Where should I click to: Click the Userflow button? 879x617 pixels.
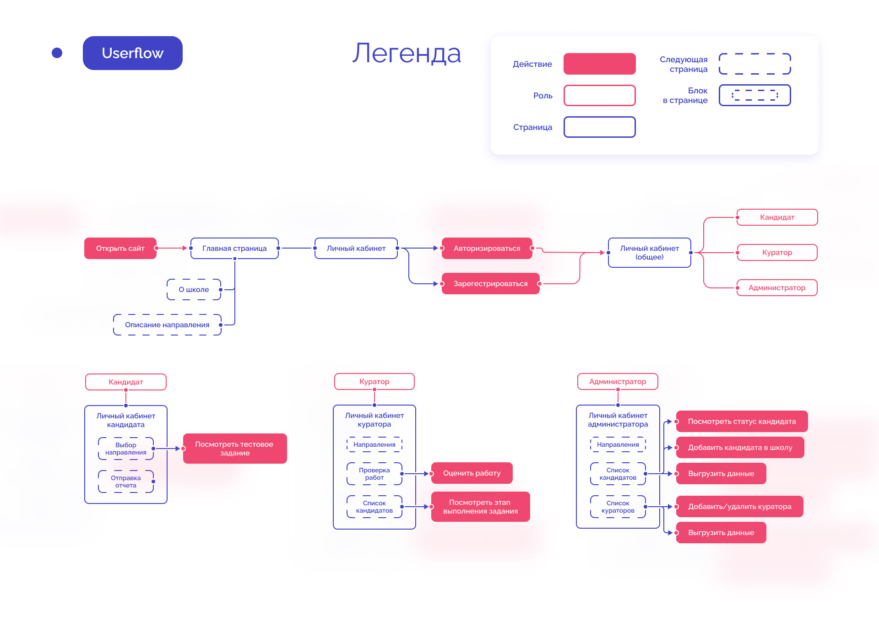click(133, 53)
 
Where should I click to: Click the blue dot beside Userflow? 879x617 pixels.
click(57, 53)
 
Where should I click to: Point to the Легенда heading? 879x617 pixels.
click(407, 53)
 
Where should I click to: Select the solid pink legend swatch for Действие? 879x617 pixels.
click(599, 64)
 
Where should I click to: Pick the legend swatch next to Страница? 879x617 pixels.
click(599, 127)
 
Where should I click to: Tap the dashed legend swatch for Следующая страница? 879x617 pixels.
click(754, 64)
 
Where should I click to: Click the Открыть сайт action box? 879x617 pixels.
click(120, 248)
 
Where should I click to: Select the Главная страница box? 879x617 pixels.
click(234, 248)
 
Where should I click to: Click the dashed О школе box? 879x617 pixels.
click(194, 289)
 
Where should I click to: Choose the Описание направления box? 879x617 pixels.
click(167, 325)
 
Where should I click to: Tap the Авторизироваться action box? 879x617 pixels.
click(487, 248)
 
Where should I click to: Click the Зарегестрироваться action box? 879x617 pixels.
click(490, 283)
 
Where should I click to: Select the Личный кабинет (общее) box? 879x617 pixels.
click(649, 252)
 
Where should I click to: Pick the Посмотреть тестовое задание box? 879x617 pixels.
click(234, 448)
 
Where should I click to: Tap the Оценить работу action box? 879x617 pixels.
click(472, 473)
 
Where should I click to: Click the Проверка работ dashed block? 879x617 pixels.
click(374, 474)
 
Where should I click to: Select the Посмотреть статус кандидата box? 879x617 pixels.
click(742, 421)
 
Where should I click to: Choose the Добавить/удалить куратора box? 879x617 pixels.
click(739, 506)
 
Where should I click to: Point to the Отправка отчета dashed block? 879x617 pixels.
click(125, 482)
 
